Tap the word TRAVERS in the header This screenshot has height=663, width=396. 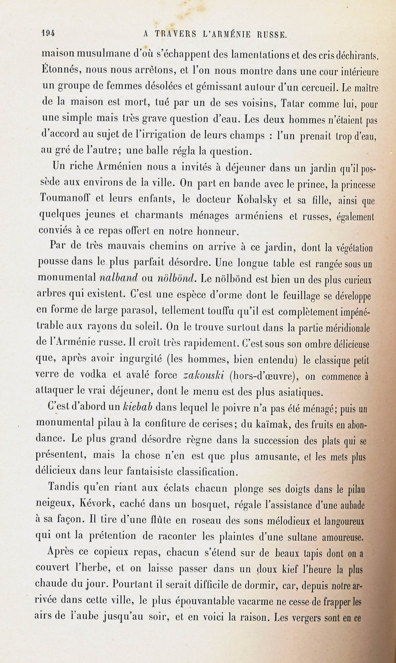[175, 34]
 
